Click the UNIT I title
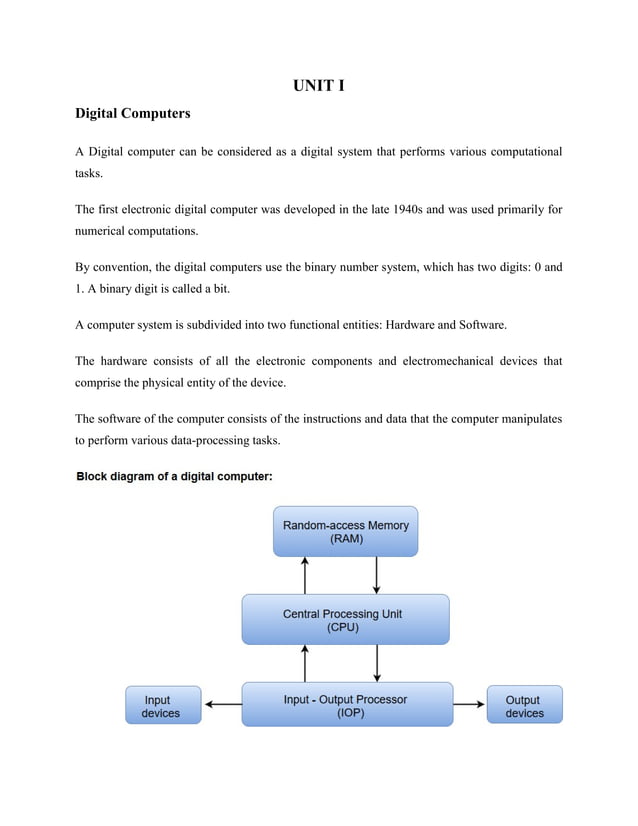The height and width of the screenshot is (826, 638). (x=319, y=86)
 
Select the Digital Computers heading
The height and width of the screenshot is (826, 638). (x=132, y=113)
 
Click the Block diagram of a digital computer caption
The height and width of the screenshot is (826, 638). (x=175, y=477)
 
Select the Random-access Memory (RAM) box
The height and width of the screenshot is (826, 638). (x=345, y=531)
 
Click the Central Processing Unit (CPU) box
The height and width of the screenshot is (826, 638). (x=344, y=620)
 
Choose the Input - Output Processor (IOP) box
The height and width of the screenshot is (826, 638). (x=346, y=705)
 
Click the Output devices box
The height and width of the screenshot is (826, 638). (x=524, y=705)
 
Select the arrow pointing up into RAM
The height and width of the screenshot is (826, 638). (x=304, y=575)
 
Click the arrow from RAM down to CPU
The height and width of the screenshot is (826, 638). (x=377, y=575)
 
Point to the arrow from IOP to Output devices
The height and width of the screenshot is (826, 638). (x=469, y=704)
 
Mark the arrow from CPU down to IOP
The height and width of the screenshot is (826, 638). (x=377, y=663)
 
